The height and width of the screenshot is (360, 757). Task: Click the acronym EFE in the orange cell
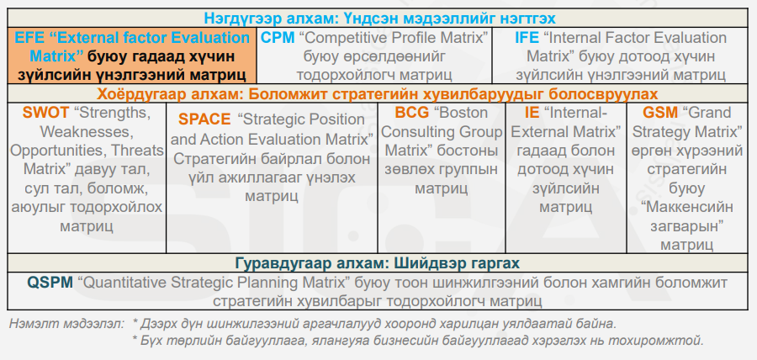click(x=30, y=38)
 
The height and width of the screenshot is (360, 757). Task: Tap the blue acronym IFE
click(x=527, y=38)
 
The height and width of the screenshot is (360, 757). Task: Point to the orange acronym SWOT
click(x=45, y=114)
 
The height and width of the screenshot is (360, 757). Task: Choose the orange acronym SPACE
click(x=204, y=119)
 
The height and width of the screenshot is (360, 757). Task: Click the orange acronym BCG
click(x=412, y=113)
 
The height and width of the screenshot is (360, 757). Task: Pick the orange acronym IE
click(x=532, y=113)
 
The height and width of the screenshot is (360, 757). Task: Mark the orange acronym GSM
click(x=660, y=113)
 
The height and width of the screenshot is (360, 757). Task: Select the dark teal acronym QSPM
click(x=50, y=283)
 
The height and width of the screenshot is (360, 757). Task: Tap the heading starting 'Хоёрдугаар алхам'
click(x=378, y=93)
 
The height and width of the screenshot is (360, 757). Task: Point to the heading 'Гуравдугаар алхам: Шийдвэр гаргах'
click(x=378, y=263)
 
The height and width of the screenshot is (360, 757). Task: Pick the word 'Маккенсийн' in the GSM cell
click(x=687, y=207)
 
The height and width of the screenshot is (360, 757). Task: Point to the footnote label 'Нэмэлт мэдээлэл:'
click(x=66, y=323)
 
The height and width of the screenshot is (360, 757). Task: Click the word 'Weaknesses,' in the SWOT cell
click(x=87, y=132)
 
